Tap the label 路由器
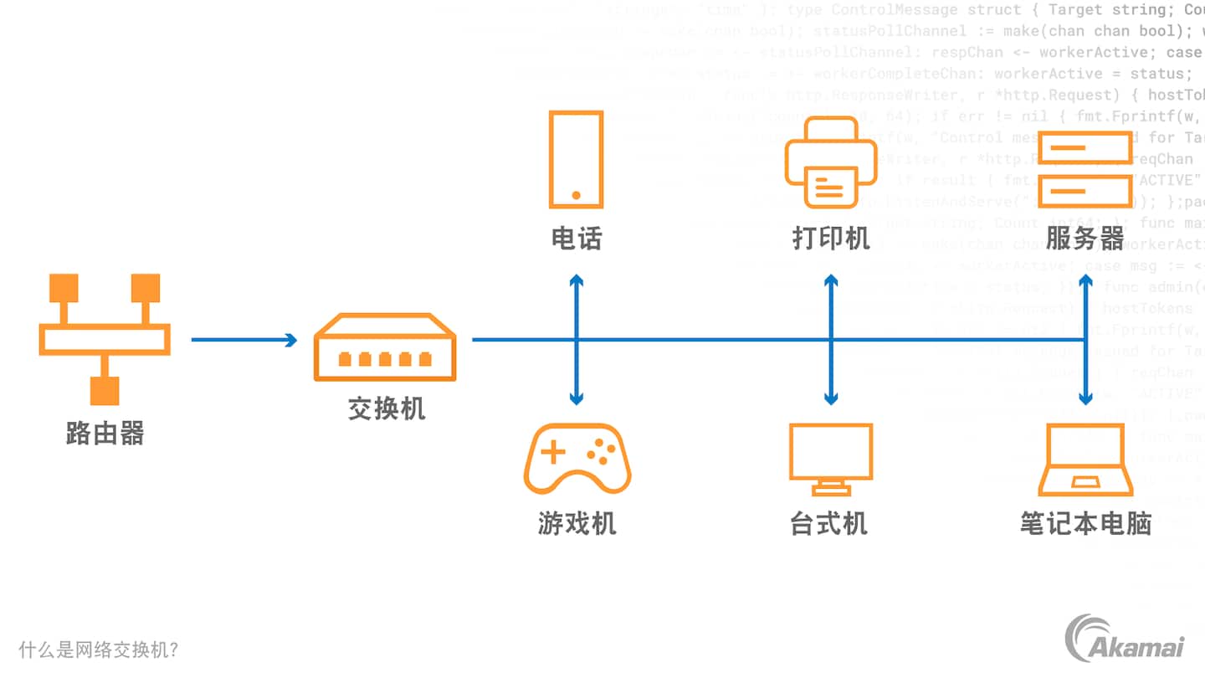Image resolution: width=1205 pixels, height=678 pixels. click(x=105, y=433)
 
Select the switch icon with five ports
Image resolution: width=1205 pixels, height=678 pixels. click(x=385, y=347)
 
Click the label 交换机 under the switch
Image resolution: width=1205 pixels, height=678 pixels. click(x=386, y=408)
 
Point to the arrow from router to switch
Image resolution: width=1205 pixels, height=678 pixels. click(x=244, y=340)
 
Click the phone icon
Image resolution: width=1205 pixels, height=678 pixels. click(x=576, y=159)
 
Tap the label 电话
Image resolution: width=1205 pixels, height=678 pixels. click(x=576, y=239)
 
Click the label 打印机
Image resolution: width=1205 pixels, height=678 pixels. click(x=830, y=239)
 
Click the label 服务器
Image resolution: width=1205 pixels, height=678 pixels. click(x=1084, y=239)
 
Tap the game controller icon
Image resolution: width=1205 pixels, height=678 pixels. click(x=577, y=458)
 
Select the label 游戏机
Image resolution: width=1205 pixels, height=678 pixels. click(x=577, y=524)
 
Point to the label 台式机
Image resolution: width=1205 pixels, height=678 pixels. click(x=828, y=524)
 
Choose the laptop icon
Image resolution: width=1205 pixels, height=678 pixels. click(x=1085, y=460)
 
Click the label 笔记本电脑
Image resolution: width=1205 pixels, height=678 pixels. click(x=1085, y=524)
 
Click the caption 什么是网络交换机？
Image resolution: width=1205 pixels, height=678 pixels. click(x=99, y=650)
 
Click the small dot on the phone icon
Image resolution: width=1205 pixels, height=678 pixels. click(x=576, y=195)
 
